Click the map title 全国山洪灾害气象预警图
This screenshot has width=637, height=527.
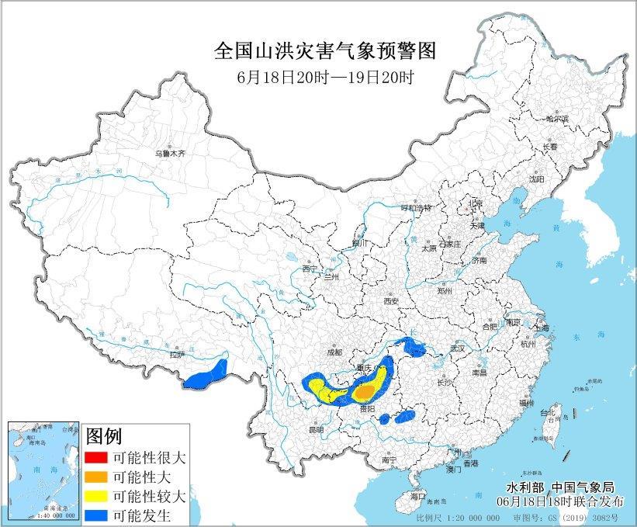coord(324,51)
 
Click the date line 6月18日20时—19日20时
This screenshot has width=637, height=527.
coord(324,78)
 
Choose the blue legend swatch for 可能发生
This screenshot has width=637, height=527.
coord(97,514)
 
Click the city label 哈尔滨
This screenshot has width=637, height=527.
coord(556,119)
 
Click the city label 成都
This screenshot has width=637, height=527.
coord(334,352)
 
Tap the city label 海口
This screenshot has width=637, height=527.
coord(418,495)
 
